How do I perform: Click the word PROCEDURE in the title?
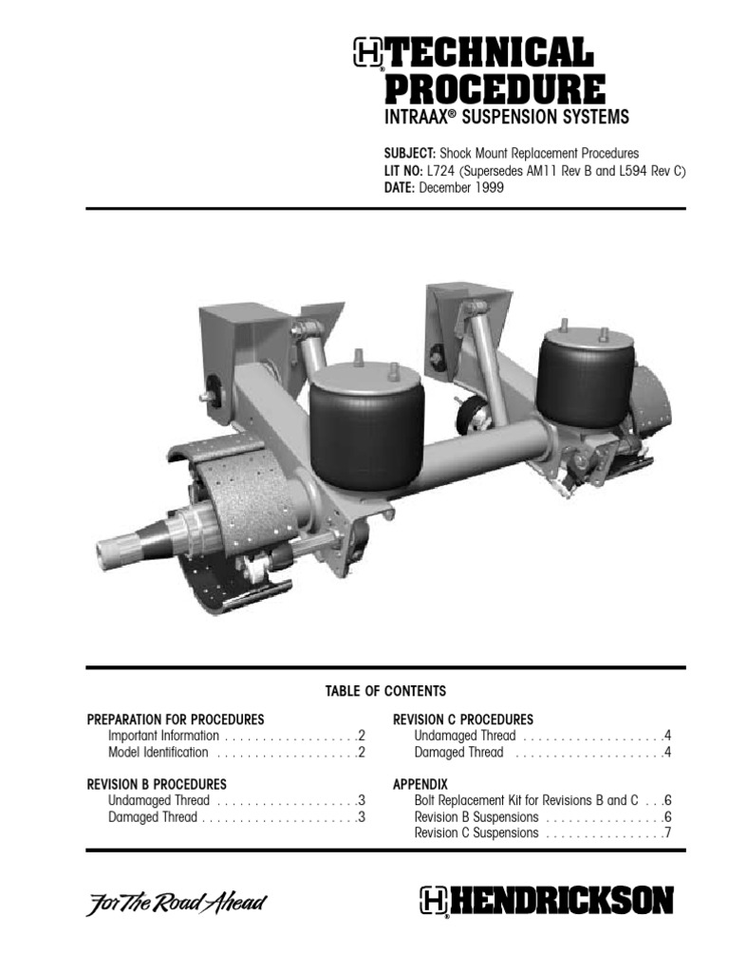point(494,90)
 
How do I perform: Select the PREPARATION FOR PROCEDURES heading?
point(176,720)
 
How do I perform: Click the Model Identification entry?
point(158,753)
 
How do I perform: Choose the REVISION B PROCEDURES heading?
point(157,784)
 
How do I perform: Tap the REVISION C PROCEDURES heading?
point(463,720)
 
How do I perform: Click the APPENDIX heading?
point(420,784)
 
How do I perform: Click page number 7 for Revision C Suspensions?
point(668,833)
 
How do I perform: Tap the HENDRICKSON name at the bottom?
point(560,901)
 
